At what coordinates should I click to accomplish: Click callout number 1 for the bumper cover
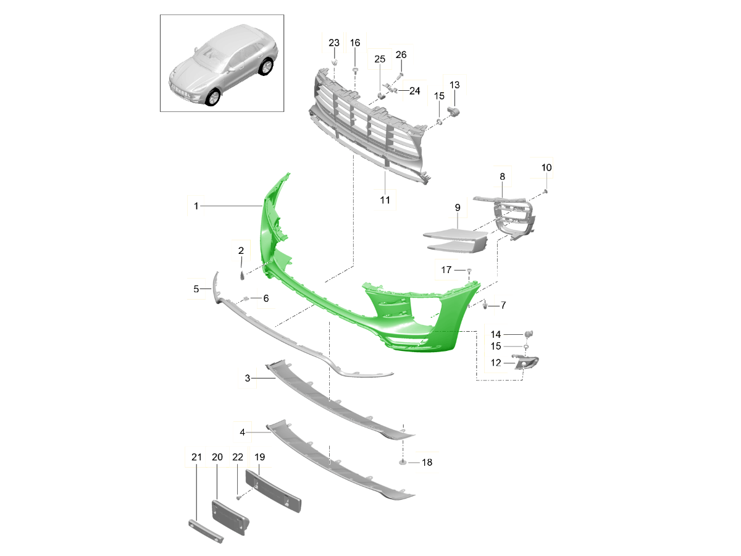196,206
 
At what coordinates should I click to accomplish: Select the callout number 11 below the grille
385,200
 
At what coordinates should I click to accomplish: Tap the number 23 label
334,43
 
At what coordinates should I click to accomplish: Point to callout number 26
401,54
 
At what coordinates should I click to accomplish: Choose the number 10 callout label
546,167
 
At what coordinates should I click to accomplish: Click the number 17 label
446,270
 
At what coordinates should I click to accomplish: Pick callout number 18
427,462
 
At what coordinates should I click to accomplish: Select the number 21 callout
196,457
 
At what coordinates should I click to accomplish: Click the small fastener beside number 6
245,298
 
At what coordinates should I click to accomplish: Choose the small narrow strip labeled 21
206,531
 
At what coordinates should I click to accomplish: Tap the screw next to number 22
238,496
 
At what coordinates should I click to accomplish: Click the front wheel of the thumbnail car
213,97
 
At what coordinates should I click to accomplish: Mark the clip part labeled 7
485,305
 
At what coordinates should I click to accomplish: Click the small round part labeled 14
529,334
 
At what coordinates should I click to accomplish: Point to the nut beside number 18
403,462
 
